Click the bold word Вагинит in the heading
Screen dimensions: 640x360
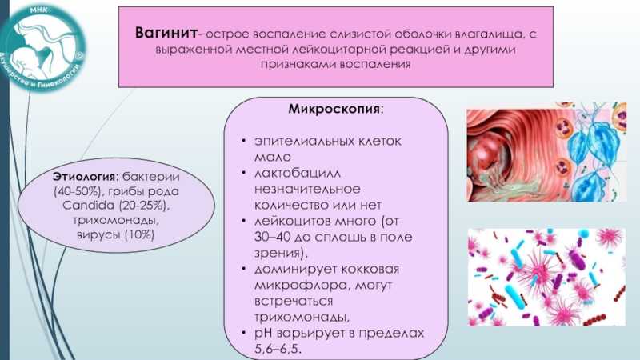click(x=166, y=33)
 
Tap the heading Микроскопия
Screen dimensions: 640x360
click(x=334, y=110)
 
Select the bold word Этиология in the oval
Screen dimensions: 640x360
click(x=84, y=177)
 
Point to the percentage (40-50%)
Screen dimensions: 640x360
click(x=77, y=191)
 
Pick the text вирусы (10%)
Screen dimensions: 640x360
click(x=115, y=234)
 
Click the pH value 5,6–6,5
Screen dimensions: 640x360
click(x=278, y=349)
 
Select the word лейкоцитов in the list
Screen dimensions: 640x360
click(x=292, y=222)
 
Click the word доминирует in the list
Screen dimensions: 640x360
click(x=294, y=270)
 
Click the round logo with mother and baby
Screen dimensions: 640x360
click(x=42, y=47)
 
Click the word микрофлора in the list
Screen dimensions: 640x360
click(x=302, y=286)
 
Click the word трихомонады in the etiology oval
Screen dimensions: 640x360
click(x=116, y=221)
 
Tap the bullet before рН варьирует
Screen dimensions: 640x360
click(x=244, y=333)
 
